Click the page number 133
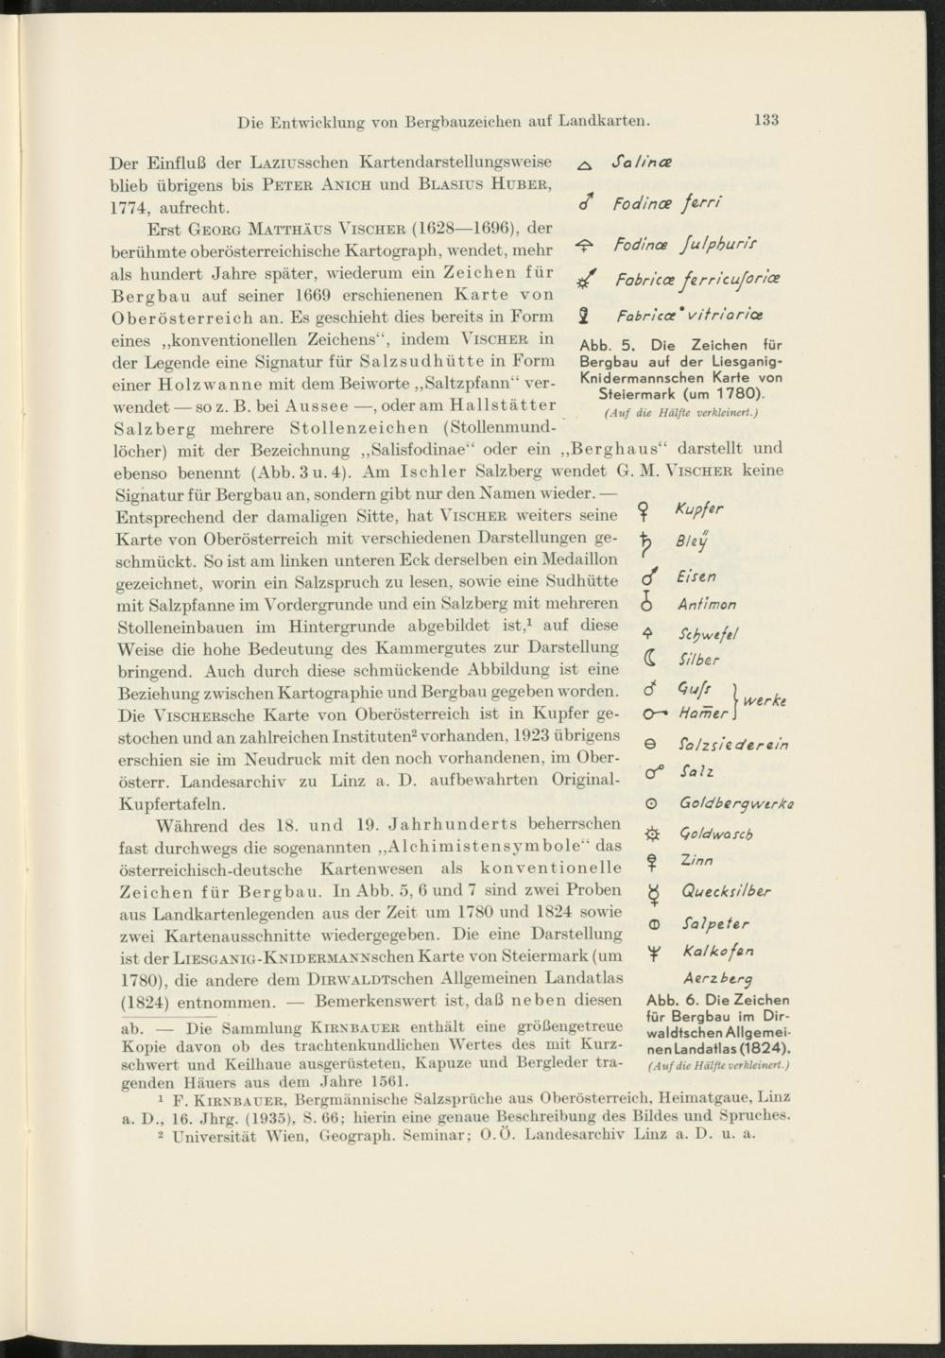pyautogui.click(x=765, y=120)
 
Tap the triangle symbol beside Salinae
pyautogui.click(x=583, y=165)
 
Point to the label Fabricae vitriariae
pyautogui.click(x=690, y=315)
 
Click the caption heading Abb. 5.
pyautogui.click(x=602, y=346)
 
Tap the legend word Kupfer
pyautogui.click(x=699, y=511)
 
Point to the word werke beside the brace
pyautogui.click(x=766, y=702)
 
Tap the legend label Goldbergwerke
pyautogui.click(x=736, y=804)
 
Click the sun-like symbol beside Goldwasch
pyautogui.click(x=650, y=834)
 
